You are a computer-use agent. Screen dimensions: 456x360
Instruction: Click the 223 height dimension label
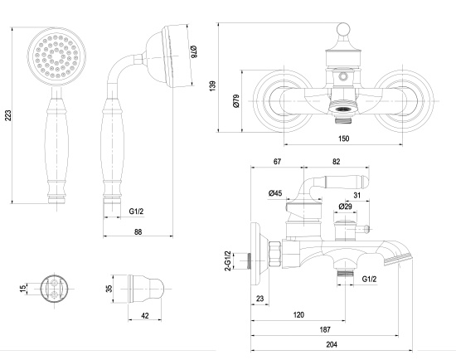click(8, 115)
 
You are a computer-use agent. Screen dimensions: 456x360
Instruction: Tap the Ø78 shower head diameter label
click(194, 51)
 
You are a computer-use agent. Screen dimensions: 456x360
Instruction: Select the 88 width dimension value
click(138, 231)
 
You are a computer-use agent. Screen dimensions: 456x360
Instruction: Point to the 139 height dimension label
click(212, 86)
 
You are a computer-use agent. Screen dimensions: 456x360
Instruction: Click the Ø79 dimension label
click(236, 101)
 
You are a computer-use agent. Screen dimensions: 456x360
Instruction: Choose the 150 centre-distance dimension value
click(343, 139)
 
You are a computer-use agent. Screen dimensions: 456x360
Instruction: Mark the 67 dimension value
click(277, 161)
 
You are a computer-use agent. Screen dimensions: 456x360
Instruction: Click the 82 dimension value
click(336, 161)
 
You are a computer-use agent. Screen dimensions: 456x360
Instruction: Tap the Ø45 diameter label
click(275, 193)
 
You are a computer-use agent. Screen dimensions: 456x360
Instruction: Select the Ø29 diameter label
click(345, 207)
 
